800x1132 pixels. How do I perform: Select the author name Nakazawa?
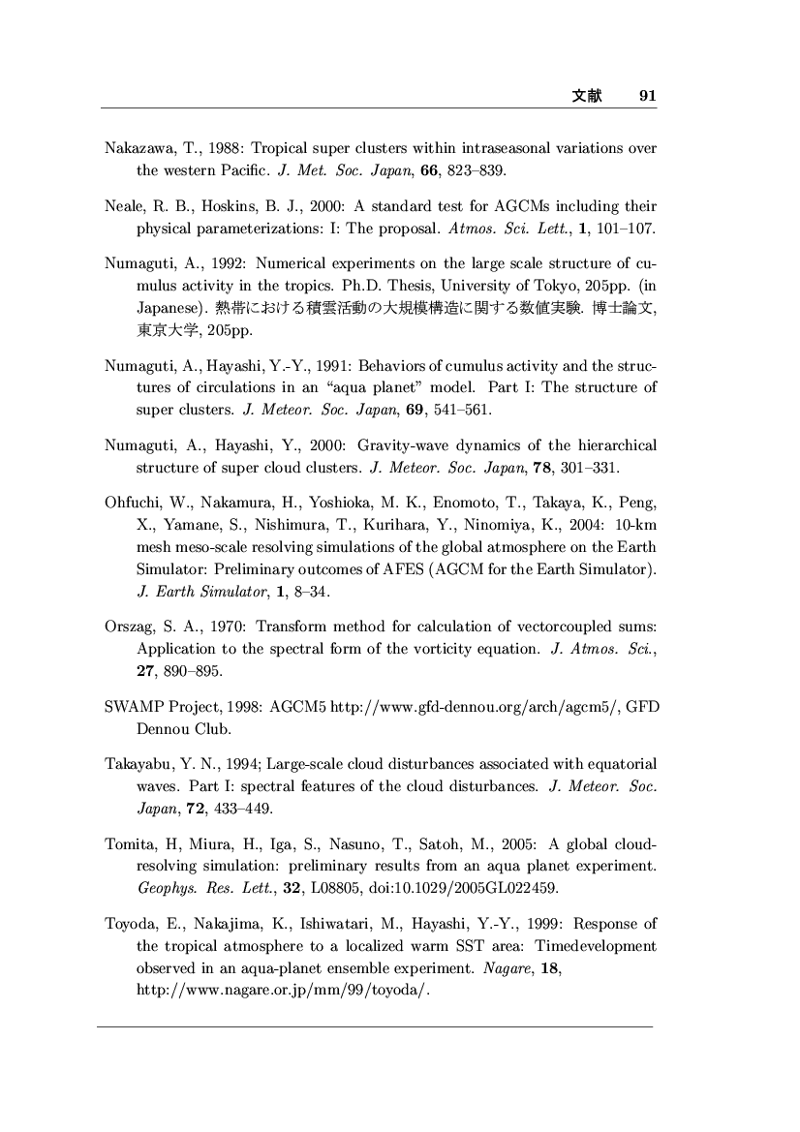(x=136, y=149)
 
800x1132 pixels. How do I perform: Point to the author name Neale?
(x=123, y=206)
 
